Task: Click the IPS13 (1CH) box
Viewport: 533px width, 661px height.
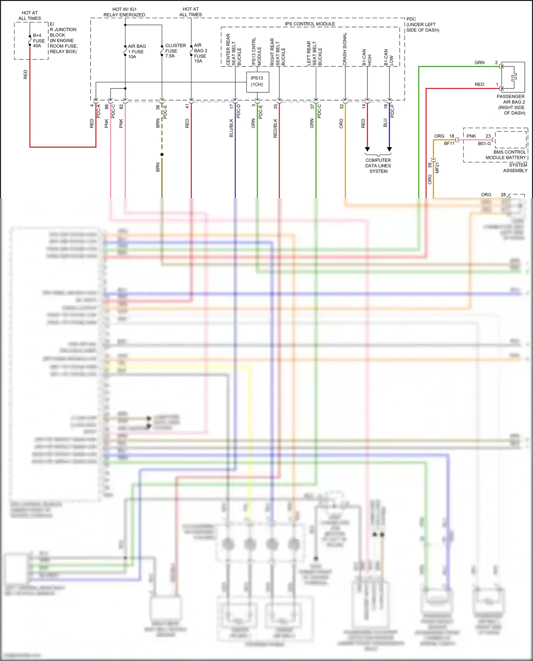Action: [x=257, y=82]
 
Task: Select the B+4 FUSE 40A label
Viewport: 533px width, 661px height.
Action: [x=38, y=40]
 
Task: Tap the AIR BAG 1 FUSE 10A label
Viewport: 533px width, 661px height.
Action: [x=136, y=52]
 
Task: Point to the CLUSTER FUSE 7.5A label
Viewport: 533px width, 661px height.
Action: [x=175, y=50]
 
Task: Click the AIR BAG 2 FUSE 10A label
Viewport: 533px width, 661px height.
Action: [x=200, y=53]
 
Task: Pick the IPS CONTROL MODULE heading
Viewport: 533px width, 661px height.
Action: [x=310, y=24]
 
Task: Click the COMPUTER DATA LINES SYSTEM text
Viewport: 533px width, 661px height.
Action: [x=378, y=166]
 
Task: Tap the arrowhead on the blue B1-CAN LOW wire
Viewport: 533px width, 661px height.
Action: [x=389, y=149]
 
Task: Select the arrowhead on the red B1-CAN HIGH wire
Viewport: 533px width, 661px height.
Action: [x=367, y=149]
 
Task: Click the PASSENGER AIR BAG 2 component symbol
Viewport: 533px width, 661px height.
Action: [x=513, y=77]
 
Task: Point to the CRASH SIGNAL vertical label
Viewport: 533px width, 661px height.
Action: [x=345, y=49]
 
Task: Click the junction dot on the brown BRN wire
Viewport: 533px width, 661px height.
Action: [x=162, y=155]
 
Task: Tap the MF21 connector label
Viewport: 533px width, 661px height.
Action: [x=437, y=168]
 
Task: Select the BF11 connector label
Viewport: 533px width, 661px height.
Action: [x=449, y=143]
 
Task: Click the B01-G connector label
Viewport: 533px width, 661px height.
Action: [x=484, y=143]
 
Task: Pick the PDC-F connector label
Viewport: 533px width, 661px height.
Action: [x=392, y=111]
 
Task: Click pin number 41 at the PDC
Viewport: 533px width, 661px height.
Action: [x=187, y=106]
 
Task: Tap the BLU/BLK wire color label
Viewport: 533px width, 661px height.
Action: [x=231, y=128]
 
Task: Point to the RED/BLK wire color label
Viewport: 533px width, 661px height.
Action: [x=275, y=128]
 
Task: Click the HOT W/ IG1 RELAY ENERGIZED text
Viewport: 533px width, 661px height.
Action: [x=124, y=12]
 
